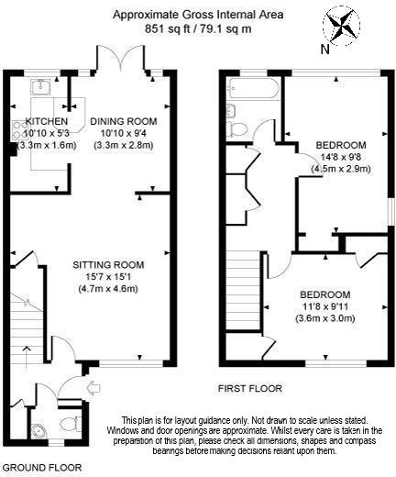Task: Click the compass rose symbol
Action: (x=342, y=25)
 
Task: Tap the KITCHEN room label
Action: (x=47, y=121)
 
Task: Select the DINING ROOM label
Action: (x=124, y=121)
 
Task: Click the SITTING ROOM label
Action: (x=108, y=265)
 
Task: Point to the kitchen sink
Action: (x=40, y=86)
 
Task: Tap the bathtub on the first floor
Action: (x=254, y=89)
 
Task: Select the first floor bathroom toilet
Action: (x=237, y=129)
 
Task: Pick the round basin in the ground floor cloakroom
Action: (x=39, y=430)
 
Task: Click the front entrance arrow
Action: (x=93, y=388)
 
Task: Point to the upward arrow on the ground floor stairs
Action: (x=27, y=357)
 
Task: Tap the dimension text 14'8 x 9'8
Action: (x=341, y=157)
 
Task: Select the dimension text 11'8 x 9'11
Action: (x=324, y=306)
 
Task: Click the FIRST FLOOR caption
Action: (x=250, y=389)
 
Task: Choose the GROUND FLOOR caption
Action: (x=42, y=468)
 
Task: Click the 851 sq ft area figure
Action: (x=167, y=29)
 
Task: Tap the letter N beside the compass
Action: (x=325, y=50)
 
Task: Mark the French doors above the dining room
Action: (x=120, y=58)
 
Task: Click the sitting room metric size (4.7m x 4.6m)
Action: (x=108, y=289)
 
